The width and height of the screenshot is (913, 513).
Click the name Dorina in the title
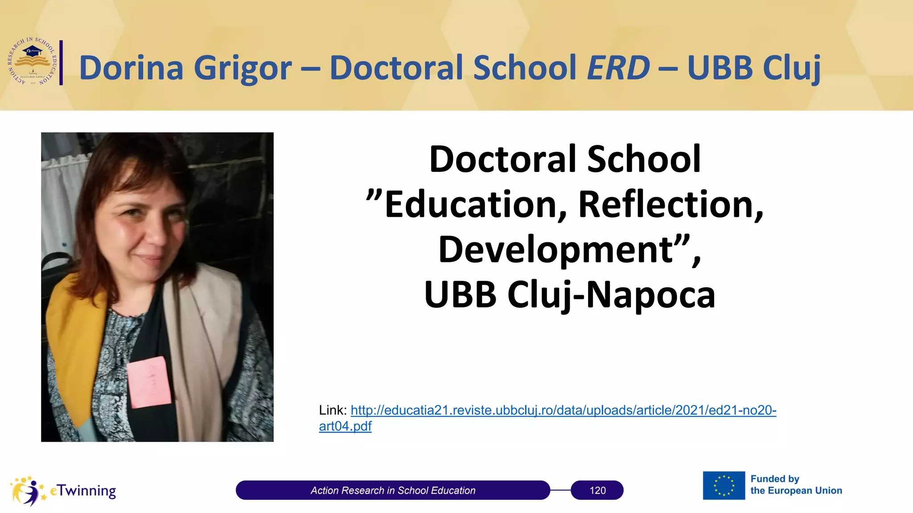click(131, 68)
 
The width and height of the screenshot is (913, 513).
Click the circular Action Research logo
click(33, 61)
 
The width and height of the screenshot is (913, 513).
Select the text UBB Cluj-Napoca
click(569, 295)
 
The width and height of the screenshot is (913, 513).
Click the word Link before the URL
click(333, 410)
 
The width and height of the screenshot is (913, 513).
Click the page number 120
click(597, 490)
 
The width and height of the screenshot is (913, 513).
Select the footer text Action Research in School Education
click(393, 490)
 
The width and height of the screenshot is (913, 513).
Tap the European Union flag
click(724, 485)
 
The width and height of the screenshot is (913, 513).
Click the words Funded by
click(775, 479)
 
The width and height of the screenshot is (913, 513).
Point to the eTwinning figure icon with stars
click(28, 491)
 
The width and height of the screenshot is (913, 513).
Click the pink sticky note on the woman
click(148, 382)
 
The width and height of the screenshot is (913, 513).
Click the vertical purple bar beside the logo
click(61, 62)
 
